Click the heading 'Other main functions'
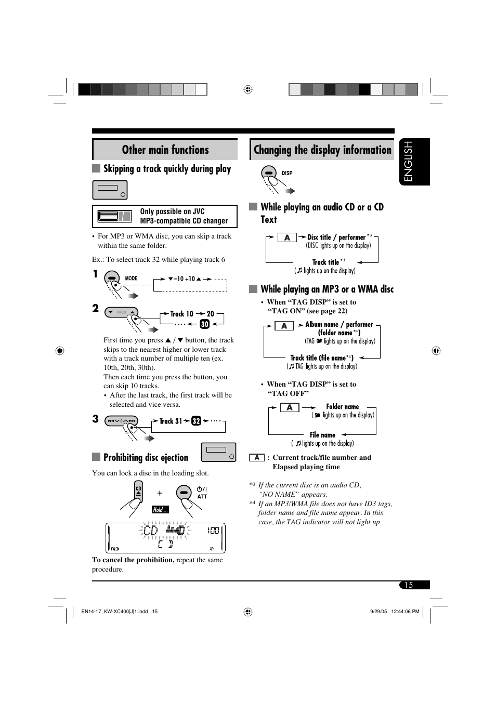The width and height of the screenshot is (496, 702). click(x=165, y=150)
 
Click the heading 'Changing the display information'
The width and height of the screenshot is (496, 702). click(x=322, y=150)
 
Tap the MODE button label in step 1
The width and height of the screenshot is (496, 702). click(x=131, y=279)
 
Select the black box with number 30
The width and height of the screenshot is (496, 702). click(x=204, y=324)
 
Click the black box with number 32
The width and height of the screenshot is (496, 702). click(x=196, y=421)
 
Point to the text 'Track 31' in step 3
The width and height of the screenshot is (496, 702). click(x=171, y=421)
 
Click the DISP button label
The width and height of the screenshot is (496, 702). click(x=287, y=173)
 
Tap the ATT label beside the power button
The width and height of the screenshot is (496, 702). click(x=202, y=497)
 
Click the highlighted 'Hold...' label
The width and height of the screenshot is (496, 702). click(x=160, y=510)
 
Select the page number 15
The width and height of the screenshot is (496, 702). click(x=409, y=585)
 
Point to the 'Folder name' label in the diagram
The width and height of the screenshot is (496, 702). click(x=342, y=407)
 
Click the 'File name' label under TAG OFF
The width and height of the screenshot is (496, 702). click(x=322, y=435)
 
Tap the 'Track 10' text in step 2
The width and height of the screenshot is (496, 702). click(x=181, y=314)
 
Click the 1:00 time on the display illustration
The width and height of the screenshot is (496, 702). click(x=213, y=531)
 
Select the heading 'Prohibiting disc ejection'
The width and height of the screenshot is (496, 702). click(x=146, y=457)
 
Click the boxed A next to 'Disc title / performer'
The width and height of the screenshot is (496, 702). click(x=287, y=237)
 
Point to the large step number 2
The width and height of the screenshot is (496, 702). click(x=96, y=308)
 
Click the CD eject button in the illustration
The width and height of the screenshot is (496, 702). click(x=138, y=491)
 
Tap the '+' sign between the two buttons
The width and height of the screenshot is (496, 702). click(x=160, y=493)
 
